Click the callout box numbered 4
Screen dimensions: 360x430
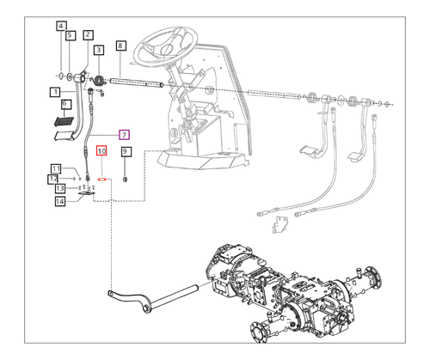coord(60,26)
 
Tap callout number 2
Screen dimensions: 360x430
coord(88,34)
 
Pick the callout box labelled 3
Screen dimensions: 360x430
coord(99,51)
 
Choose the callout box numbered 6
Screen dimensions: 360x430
coord(64,102)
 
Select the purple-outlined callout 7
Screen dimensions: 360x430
coord(124,135)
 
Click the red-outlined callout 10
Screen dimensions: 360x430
coord(101,151)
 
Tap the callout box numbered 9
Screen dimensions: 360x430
coord(125,151)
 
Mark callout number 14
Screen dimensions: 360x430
coord(60,202)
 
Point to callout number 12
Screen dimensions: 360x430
coord(53,178)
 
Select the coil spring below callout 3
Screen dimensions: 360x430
coord(99,81)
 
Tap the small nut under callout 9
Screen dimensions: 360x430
coord(125,179)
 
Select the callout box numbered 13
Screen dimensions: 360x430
coord(61,189)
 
